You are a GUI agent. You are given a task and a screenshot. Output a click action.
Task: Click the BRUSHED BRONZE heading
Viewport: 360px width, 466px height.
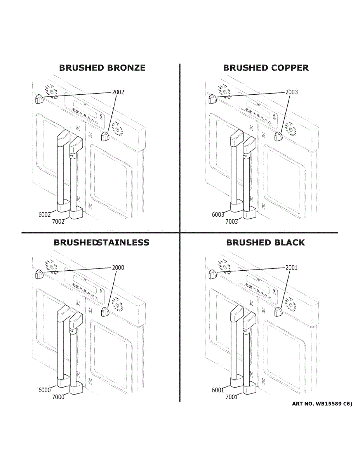tap(102, 68)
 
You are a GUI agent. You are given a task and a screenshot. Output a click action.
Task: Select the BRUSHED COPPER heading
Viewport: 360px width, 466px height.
tap(266, 68)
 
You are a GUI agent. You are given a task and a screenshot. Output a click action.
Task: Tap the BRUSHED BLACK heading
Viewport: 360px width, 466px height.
tap(266, 243)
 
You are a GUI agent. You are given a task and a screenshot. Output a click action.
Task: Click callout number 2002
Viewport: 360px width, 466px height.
tap(118, 92)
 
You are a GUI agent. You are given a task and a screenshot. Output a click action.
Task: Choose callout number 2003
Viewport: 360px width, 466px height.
tap(292, 92)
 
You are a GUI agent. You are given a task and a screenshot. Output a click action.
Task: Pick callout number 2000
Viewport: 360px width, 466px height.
tap(118, 268)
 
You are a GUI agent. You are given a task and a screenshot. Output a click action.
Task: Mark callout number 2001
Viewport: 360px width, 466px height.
tap(292, 268)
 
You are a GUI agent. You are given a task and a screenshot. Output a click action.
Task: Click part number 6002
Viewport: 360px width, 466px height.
tap(45, 215)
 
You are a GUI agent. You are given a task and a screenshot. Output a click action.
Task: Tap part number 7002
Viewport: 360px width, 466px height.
tap(58, 222)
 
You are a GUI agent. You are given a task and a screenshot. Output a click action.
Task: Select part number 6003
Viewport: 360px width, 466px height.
tap(218, 215)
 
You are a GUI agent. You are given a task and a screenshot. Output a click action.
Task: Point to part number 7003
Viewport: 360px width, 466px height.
tap(231, 222)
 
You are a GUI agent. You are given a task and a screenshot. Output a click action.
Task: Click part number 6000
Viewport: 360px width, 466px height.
tap(45, 390)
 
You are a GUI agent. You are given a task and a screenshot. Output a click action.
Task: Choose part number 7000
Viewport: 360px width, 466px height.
tap(58, 397)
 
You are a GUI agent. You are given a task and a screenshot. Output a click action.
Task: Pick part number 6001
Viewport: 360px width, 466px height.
tap(218, 390)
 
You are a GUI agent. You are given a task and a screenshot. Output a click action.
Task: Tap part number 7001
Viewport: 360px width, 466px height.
tap(231, 397)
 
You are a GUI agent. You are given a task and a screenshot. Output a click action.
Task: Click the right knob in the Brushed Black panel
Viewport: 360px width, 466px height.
tap(278, 311)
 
